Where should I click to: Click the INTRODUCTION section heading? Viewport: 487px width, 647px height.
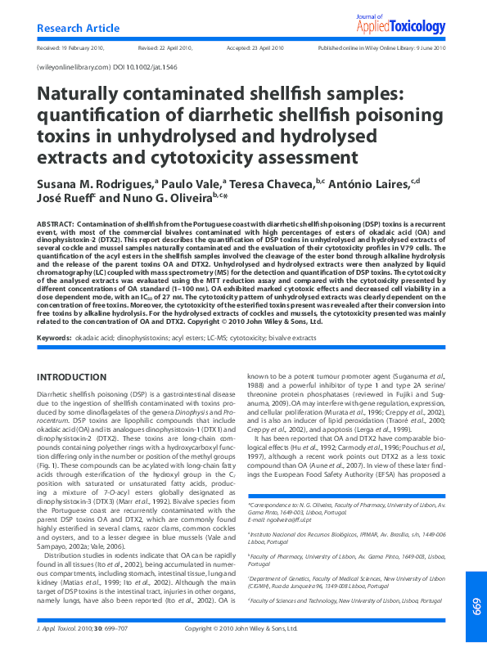tap(73, 377)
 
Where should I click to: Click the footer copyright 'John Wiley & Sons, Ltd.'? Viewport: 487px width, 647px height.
tap(278, 629)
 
